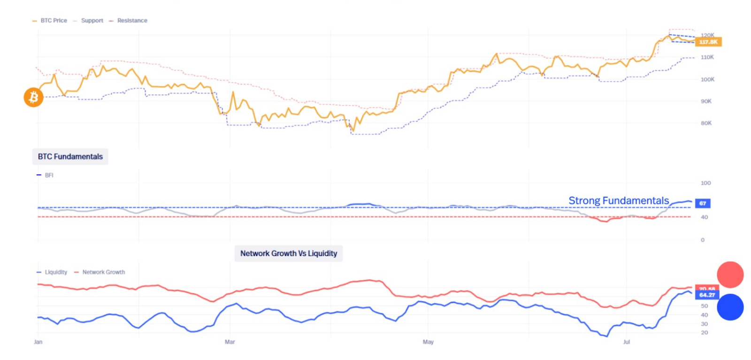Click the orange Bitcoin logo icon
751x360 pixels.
tap(33, 97)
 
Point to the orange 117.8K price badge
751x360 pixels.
tap(708, 42)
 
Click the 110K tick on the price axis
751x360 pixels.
tap(707, 57)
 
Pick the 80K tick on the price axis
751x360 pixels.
tap(706, 123)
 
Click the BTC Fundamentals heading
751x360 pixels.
tap(70, 157)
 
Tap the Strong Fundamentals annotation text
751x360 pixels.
tap(618, 201)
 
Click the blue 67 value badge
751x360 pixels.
tap(703, 203)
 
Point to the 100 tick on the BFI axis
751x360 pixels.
tap(705, 183)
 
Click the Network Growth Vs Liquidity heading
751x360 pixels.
tap(289, 253)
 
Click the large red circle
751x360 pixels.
tap(730, 275)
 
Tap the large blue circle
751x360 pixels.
tap(730, 307)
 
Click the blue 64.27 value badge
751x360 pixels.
tap(707, 295)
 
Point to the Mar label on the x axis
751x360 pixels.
tap(230, 342)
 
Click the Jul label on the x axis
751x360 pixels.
tap(626, 342)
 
